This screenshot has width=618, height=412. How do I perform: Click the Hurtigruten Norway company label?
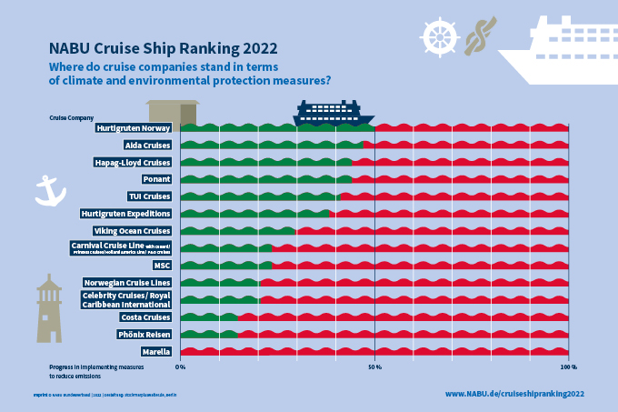(134, 128)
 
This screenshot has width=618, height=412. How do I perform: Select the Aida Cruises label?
(146, 146)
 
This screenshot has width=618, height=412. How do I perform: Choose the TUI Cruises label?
(149, 196)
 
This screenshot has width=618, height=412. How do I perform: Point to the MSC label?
(162, 266)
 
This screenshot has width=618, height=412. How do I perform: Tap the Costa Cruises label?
(145, 317)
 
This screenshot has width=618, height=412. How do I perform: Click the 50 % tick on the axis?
(374, 367)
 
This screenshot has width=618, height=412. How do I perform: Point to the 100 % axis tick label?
(568, 367)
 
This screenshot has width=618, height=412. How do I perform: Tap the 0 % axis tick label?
(180, 367)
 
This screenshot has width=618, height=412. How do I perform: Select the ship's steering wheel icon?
(438, 35)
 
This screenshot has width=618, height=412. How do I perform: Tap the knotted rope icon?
(480, 35)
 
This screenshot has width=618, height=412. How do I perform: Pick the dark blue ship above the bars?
(333, 113)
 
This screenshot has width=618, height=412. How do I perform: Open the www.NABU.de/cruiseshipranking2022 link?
(513, 394)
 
